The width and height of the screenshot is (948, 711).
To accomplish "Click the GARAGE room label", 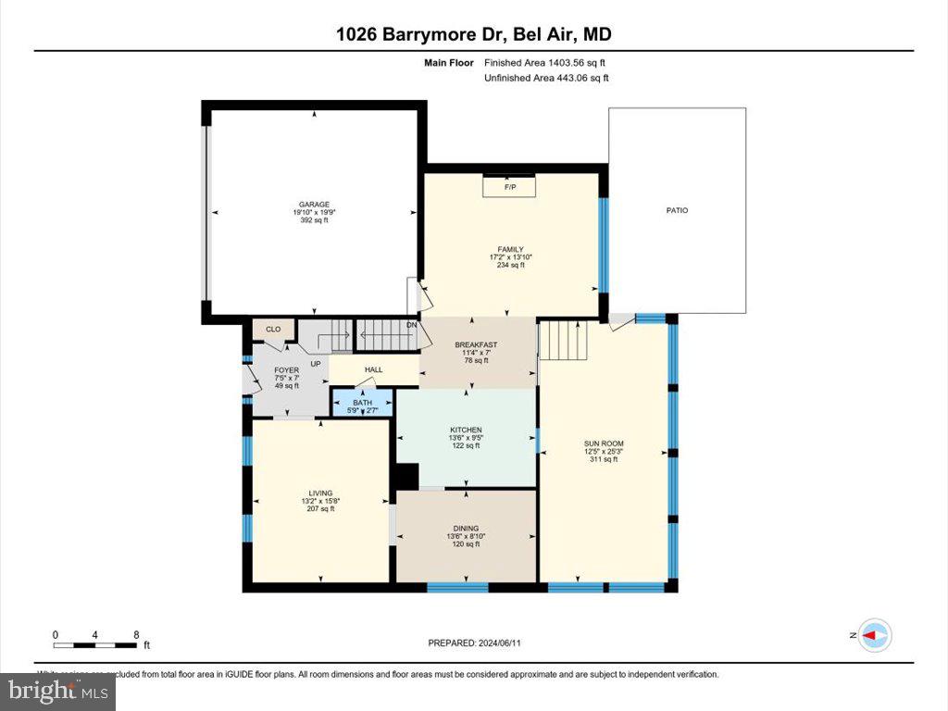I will click(x=313, y=205).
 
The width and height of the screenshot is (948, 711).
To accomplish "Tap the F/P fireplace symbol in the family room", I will click(x=509, y=187).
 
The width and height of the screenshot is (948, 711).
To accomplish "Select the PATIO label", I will click(x=677, y=210).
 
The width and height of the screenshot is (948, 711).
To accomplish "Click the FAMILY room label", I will click(x=510, y=249).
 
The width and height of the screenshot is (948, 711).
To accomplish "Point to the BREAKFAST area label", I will click(x=476, y=345).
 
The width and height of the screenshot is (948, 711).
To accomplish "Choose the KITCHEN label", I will click(x=466, y=430).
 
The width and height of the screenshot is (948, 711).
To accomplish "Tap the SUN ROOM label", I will click(x=604, y=443).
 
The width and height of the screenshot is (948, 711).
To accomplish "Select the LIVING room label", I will click(x=320, y=493).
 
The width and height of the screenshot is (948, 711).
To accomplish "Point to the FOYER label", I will click(x=286, y=370).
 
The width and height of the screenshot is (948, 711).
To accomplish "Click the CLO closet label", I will click(x=273, y=329).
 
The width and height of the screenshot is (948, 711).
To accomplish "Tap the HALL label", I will click(x=373, y=370).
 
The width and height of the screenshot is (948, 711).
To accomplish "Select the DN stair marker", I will click(x=412, y=325).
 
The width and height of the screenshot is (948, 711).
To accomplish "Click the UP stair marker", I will click(x=316, y=364).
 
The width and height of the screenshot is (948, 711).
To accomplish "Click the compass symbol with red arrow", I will click(x=875, y=636).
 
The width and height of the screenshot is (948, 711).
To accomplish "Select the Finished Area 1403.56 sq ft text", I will click(x=545, y=63).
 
